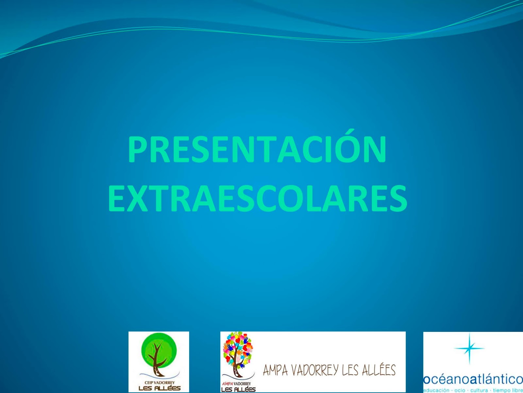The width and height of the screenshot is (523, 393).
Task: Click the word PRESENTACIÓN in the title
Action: (257, 150)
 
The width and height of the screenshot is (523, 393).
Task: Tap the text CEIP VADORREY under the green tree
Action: (159, 382)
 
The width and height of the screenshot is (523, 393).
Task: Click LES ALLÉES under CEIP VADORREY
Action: (159, 388)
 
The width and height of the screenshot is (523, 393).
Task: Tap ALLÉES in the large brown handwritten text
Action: (377, 370)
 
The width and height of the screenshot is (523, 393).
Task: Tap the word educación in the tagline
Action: (436, 390)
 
